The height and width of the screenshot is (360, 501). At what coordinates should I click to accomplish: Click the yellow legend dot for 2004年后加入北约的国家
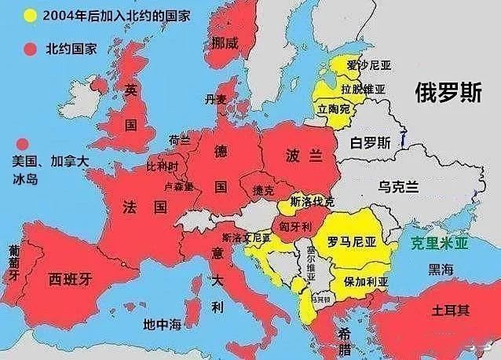coord(30,16)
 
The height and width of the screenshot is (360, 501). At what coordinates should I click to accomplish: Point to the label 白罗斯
coord(370,143)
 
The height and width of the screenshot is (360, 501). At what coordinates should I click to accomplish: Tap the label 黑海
coord(441,270)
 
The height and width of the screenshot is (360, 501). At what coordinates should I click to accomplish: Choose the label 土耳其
coord(451,310)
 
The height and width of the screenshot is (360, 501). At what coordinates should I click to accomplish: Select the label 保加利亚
coord(366,281)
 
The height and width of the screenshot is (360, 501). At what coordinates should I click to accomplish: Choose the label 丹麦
coord(214,100)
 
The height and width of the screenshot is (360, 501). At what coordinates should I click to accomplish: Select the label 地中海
coord(162,324)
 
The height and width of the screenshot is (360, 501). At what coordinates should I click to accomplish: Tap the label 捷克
coord(264,191)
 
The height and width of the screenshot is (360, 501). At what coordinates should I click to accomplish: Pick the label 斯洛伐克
coord(313,201)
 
